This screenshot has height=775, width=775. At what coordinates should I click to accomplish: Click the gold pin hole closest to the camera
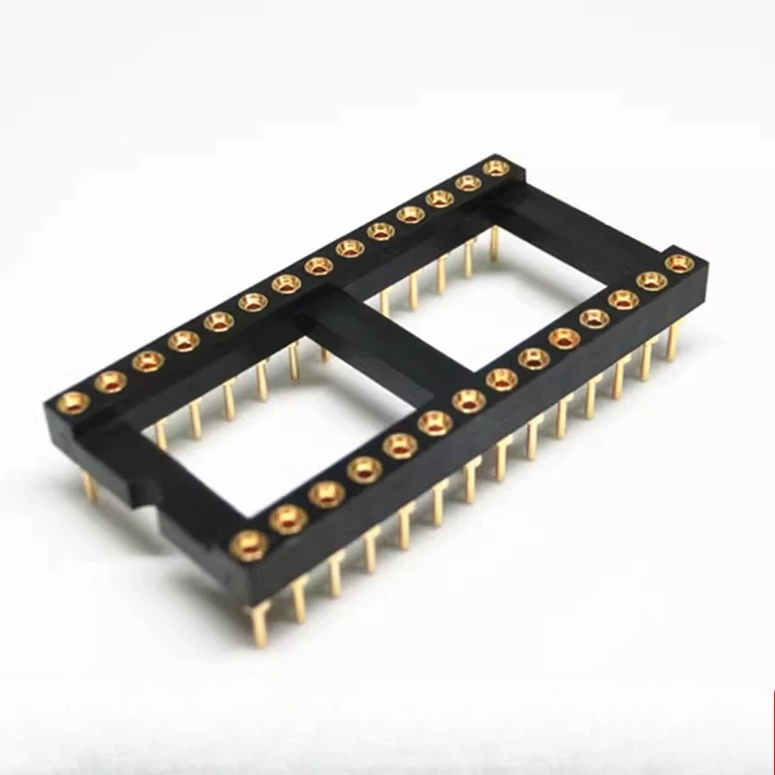pos(249,544)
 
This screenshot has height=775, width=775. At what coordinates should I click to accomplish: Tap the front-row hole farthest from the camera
pos(680,263)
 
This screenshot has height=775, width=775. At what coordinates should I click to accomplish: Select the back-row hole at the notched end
pos(73,402)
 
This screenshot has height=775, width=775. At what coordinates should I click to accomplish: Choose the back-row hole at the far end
pos(496,168)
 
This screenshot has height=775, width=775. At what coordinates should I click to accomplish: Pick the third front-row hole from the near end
pos(327,493)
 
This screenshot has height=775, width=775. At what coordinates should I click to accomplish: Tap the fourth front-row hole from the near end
pos(364,469)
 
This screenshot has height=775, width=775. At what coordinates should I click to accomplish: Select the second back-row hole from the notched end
pos(110,381)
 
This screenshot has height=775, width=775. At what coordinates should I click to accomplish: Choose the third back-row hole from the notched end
pos(147,360)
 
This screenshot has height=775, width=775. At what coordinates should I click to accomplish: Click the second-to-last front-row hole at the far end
pos(652,281)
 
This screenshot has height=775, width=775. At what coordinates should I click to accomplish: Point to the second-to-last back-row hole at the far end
pos(469,182)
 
